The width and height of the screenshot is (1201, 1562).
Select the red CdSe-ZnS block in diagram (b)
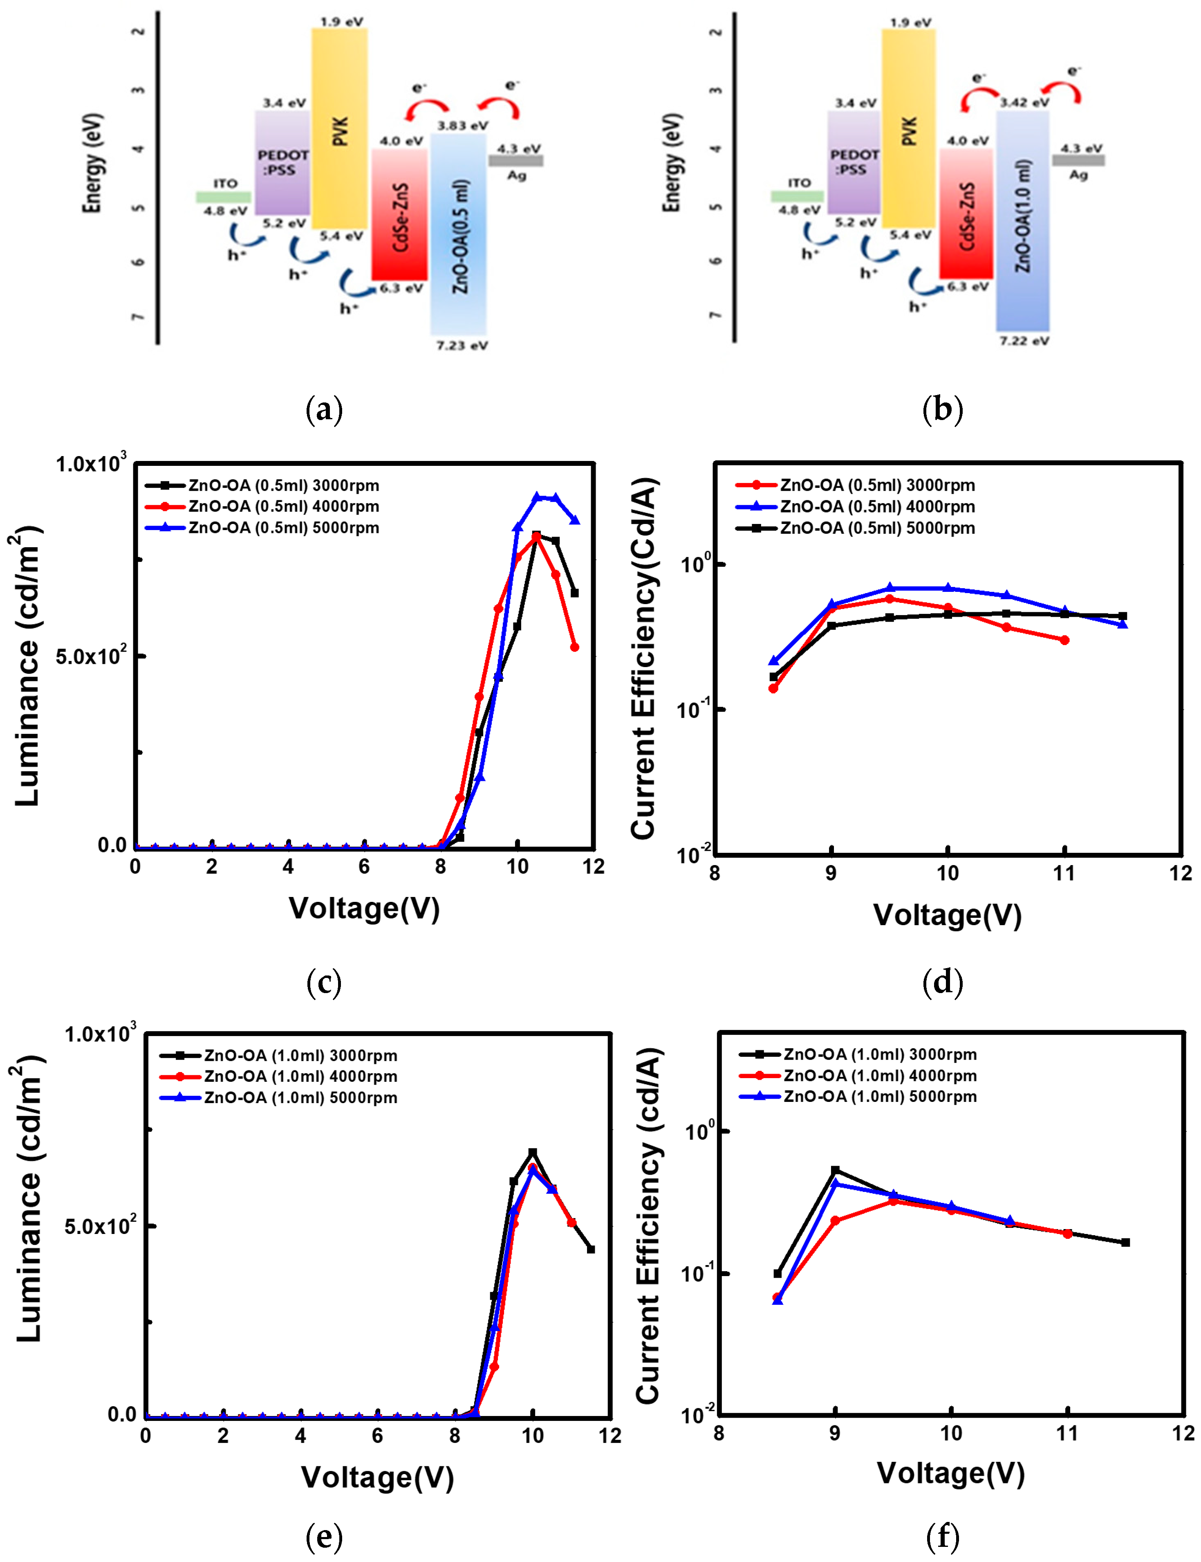click(x=966, y=215)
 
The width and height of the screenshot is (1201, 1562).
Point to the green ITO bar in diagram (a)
click(x=224, y=197)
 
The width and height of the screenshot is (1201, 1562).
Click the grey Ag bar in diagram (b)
click(x=1078, y=160)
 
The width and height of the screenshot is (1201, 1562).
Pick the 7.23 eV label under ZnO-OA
click(x=462, y=346)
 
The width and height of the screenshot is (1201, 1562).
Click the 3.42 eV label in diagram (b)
click(x=1024, y=102)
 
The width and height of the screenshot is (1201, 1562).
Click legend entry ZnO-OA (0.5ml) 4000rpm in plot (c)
click(x=283, y=506)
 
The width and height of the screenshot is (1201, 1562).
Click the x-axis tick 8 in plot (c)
click(x=440, y=867)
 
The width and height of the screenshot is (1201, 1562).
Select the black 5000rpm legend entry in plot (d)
click(x=877, y=528)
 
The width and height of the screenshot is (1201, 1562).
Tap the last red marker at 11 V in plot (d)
click(x=1064, y=640)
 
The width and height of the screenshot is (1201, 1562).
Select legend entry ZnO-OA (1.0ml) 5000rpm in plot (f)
click(x=879, y=1097)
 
